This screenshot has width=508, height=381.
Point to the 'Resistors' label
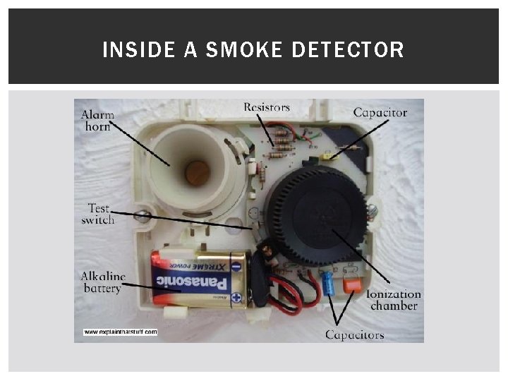(x=267, y=107)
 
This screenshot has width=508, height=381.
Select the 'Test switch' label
(x=97, y=214)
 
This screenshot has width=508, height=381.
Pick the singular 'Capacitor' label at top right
(x=380, y=112)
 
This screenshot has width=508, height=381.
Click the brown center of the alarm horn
(x=197, y=172)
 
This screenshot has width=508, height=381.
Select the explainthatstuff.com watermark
(x=120, y=331)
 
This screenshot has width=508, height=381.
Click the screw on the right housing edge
(x=373, y=210)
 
